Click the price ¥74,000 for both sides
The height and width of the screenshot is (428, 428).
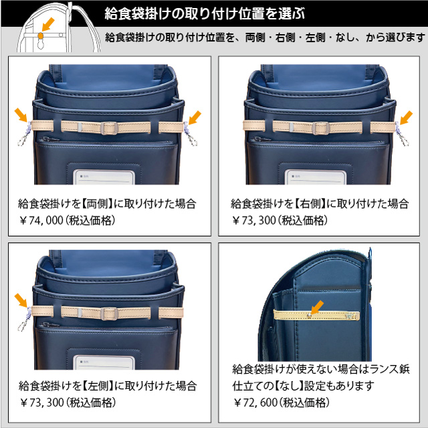(41, 220)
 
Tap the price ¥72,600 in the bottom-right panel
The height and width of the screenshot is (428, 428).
(255, 403)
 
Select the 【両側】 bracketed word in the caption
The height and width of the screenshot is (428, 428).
(97, 203)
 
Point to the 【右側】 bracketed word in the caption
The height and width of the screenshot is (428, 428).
(310, 203)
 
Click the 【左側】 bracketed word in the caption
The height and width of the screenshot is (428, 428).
(98, 386)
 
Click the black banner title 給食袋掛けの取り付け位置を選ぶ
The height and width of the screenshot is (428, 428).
(205, 13)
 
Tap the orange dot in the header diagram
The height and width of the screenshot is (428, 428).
(40, 35)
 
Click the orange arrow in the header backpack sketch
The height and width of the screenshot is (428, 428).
(48, 24)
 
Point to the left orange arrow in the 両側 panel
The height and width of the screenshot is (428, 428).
(21, 114)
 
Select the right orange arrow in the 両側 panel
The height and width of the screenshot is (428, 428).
(195, 118)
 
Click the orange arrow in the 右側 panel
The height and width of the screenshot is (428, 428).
(406, 118)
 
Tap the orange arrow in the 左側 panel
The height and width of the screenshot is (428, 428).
(21, 300)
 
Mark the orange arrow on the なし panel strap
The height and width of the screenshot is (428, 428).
(317, 308)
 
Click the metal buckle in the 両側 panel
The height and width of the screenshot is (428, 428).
(109, 128)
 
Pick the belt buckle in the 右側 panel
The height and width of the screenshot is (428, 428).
(321, 128)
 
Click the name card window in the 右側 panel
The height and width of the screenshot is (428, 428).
(316, 177)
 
